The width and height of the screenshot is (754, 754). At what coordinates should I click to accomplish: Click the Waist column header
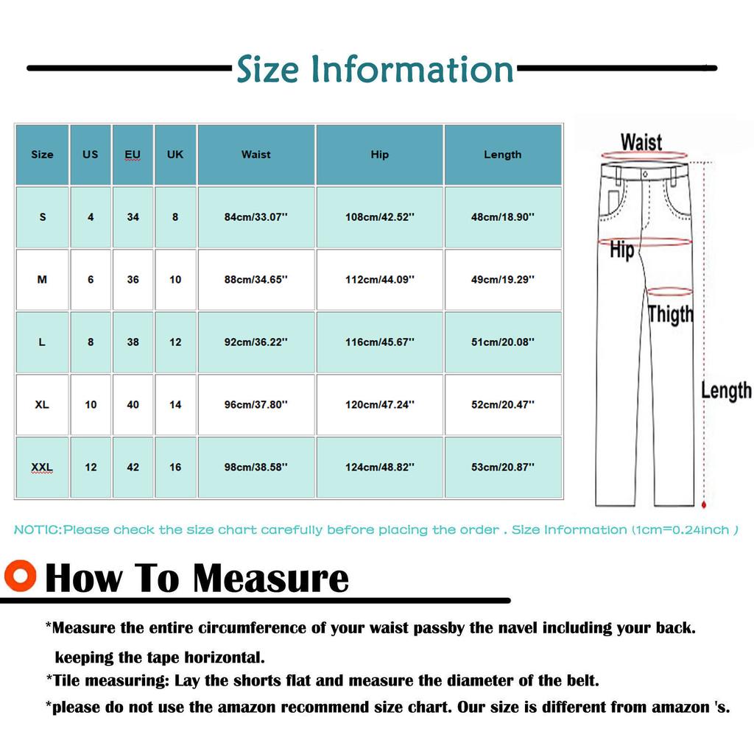coord(256,155)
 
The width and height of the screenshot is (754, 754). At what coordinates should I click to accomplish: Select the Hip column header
coord(380,155)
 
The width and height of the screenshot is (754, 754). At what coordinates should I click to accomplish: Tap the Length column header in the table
coord(503,155)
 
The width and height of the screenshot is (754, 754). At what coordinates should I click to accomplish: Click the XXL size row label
coord(42,468)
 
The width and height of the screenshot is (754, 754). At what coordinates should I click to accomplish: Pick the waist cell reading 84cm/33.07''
coord(256,217)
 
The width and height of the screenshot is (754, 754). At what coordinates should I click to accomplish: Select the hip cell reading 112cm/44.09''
coord(380,280)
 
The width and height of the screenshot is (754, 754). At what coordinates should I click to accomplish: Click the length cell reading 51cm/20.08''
coord(503,342)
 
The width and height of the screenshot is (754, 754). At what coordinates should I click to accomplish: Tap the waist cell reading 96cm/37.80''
coord(256,405)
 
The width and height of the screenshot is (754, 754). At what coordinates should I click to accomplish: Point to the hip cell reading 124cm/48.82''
coord(380,468)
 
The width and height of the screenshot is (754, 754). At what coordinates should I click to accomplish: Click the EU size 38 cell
coord(133,342)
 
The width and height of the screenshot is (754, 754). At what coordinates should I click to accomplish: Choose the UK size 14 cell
coord(175,405)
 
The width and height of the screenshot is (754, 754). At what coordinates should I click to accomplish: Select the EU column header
coord(133,155)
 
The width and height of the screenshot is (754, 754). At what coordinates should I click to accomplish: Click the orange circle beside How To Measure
coord(19,577)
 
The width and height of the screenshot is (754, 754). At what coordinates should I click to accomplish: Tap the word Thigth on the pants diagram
coord(671,314)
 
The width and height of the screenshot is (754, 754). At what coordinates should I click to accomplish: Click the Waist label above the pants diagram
coord(641,141)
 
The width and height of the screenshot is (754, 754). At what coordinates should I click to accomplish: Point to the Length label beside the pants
coord(726,390)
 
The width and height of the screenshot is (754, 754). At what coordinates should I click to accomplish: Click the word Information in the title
coord(412,70)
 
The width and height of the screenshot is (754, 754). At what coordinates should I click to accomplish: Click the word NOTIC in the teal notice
coord(37,530)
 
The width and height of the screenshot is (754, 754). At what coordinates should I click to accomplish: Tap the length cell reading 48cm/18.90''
coord(503,217)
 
